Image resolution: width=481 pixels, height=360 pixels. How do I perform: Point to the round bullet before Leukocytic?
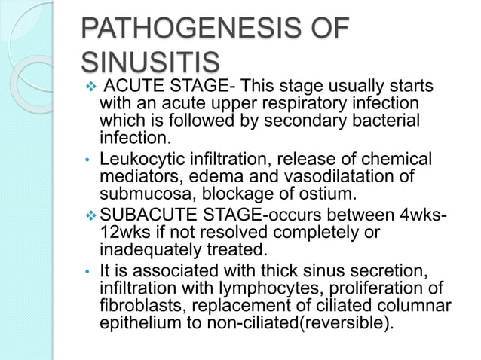coord(87,160)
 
